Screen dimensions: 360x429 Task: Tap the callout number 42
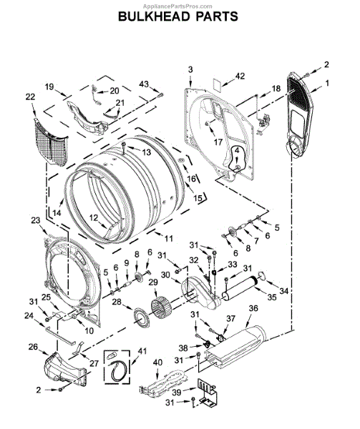(240, 76)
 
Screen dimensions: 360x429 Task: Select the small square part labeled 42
(218, 83)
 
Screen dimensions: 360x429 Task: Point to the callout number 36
(253, 308)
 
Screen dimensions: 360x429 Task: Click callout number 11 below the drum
(169, 238)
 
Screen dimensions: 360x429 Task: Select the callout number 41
(142, 351)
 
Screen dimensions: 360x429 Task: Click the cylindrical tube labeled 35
(240, 289)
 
